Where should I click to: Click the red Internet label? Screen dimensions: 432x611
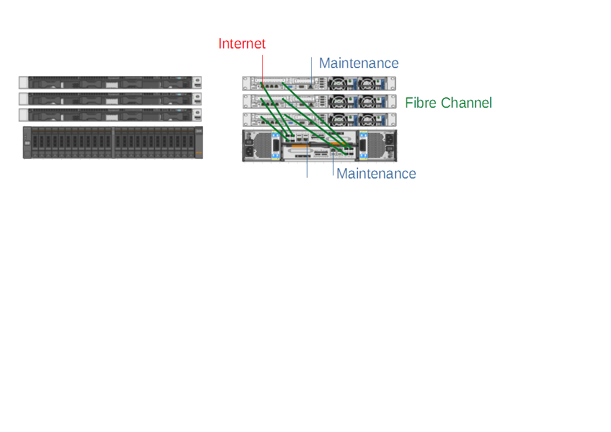tap(242, 44)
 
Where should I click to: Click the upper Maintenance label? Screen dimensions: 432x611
tap(359, 63)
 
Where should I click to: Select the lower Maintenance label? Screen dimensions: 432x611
tap(376, 174)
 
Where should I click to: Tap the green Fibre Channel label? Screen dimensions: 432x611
tap(448, 103)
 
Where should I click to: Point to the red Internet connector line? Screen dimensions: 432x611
tap(263, 68)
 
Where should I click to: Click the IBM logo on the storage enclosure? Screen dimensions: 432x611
tap(199, 132)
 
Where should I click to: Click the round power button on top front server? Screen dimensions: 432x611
tap(198, 81)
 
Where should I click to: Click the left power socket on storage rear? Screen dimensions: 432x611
tap(250, 151)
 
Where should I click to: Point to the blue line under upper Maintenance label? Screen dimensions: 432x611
tap(312, 68)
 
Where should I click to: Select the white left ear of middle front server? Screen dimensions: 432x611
tap(23, 98)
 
